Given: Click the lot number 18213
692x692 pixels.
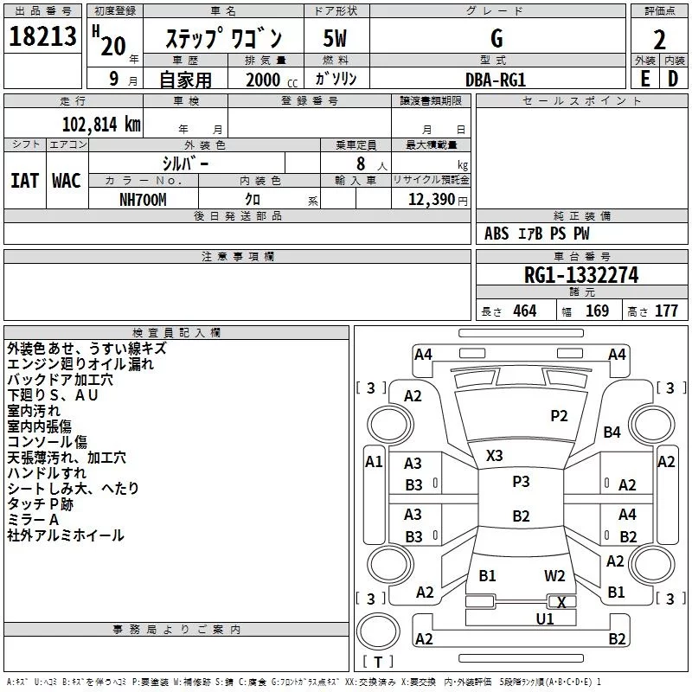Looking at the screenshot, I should [x=43, y=37].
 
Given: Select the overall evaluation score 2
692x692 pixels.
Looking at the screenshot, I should [x=659, y=39].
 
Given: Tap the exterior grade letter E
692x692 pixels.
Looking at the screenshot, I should [x=644, y=78].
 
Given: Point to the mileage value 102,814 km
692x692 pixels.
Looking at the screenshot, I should [x=100, y=124].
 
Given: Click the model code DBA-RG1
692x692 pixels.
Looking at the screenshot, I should [x=496, y=79].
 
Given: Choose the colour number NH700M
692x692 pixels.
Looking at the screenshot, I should [x=144, y=199].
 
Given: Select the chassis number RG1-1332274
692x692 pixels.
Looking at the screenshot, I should [x=581, y=275].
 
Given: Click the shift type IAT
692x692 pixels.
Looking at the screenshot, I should [x=24, y=180].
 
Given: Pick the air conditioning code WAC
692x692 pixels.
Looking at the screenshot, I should [x=67, y=180].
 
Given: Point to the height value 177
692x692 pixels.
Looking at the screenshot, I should [x=666, y=311].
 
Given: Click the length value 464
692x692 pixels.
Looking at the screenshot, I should [x=524, y=311].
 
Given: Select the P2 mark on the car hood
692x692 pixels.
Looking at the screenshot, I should [x=560, y=416].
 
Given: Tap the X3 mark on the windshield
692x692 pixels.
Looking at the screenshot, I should [x=495, y=456].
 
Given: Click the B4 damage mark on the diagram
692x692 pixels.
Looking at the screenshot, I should [x=612, y=432].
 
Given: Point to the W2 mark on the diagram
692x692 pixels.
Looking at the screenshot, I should [x=554, y=576].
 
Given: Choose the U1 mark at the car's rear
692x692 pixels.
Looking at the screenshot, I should [x=545, y=618].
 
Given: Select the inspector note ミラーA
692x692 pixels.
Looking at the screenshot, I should [x=33, y=519].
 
